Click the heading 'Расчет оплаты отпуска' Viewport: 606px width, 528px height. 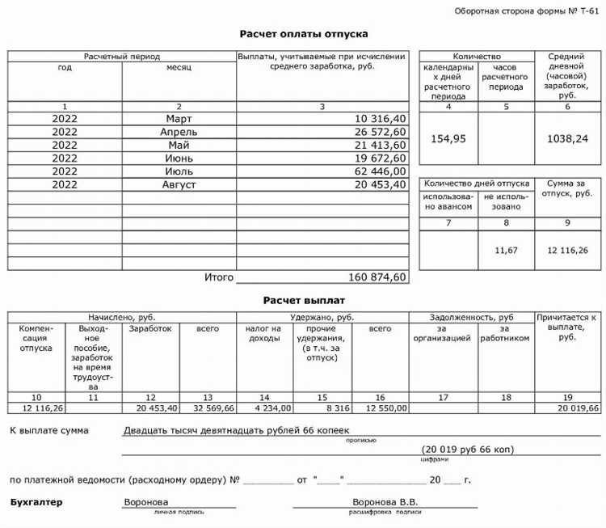[x=304, y=34]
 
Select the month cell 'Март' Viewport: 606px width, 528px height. [x=179, y=119]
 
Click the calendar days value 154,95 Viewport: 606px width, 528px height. [x=448, y=138]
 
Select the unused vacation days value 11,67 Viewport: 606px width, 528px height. [x=506, y=251]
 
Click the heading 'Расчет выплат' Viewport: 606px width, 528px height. [x=304, y=300]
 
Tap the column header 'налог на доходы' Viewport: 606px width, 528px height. [x=265, y=334]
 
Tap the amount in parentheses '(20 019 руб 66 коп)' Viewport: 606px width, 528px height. [x=466, y=449]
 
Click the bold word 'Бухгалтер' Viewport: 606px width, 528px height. [x=36, y=502]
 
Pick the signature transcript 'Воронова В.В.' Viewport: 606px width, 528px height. [x=385, y=502]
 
